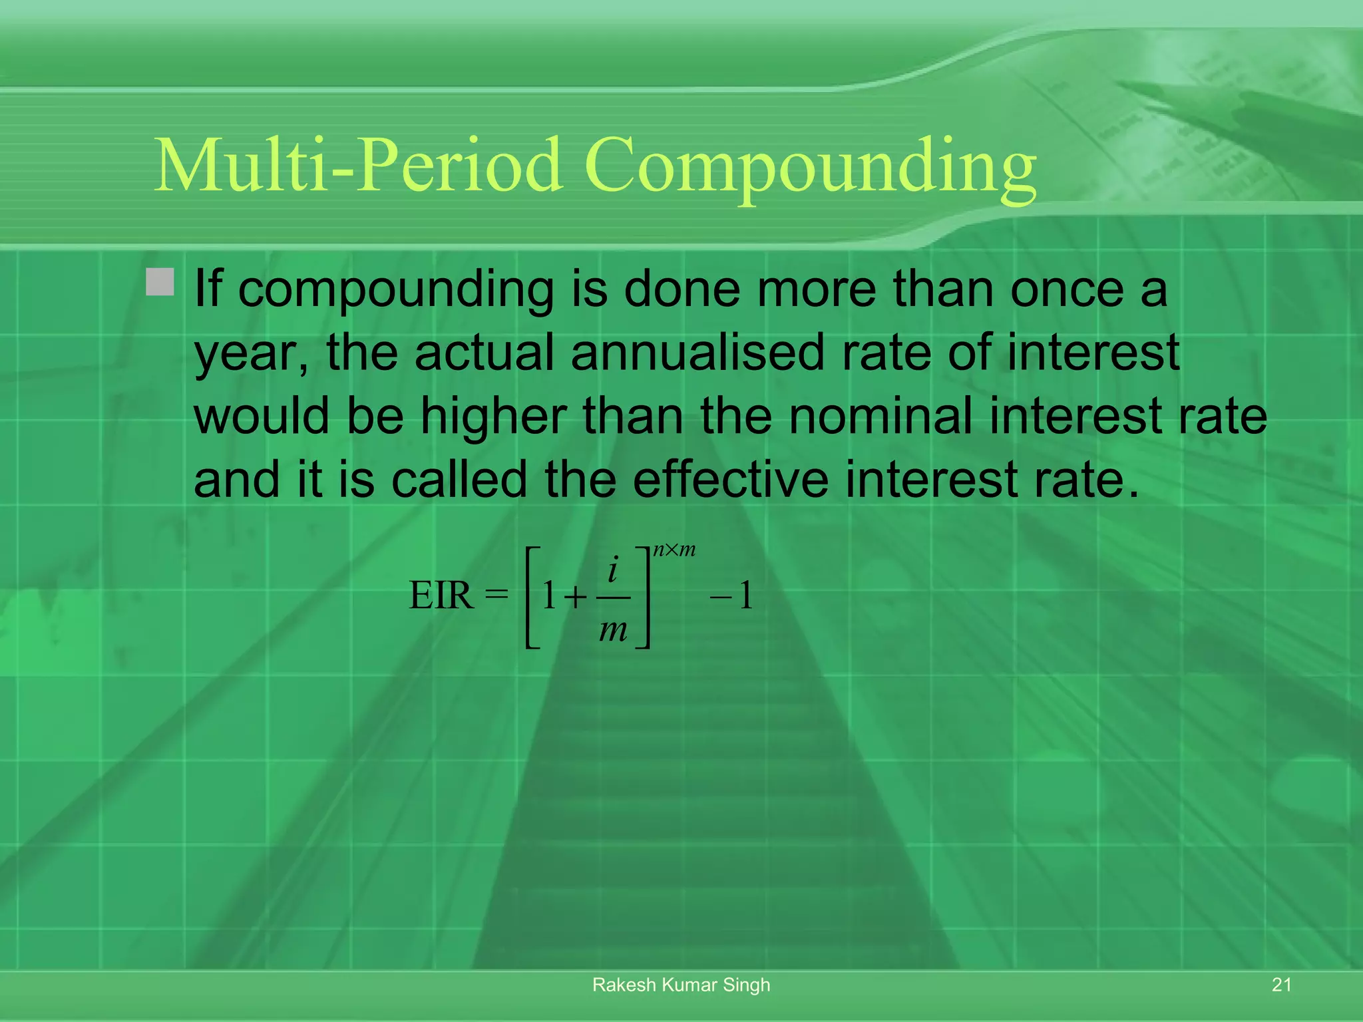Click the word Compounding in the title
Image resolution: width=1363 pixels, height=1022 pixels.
point(810,166)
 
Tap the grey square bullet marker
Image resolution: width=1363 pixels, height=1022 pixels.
point(160,281)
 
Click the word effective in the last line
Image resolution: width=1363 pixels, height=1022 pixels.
point(730,479)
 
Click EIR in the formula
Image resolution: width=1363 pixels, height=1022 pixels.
point(441,596)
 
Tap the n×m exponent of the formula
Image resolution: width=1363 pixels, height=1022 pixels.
point(674,550)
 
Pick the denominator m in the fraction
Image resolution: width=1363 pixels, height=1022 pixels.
point(613,629)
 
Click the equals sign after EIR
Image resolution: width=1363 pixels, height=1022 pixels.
point(496,593)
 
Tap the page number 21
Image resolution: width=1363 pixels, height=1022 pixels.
point(1281,985)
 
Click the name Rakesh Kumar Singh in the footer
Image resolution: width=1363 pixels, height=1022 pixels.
point(681,985)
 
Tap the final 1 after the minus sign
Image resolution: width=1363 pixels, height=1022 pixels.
point(746,596)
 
